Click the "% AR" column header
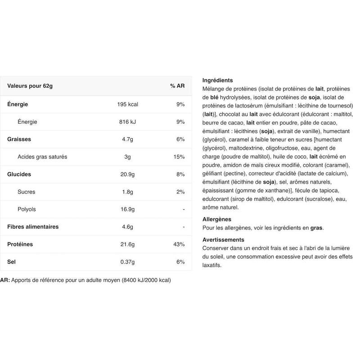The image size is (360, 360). tap(177, 86)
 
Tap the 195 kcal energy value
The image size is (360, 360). tap(128, 104)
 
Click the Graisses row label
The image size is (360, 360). tap(19, 139)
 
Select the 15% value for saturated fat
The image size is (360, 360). tap(179, 157)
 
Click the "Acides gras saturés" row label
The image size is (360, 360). tap(42, 157)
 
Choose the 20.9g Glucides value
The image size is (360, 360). tap(127, 174)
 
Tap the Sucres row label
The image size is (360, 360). tap(27, 192)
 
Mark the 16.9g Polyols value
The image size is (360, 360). tap(127, 209)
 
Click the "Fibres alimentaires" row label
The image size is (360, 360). tap(33, 227)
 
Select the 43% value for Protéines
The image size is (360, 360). tap(179, 244)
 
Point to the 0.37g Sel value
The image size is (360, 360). tap(127, 262)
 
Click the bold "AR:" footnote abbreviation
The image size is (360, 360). tap(5, 280)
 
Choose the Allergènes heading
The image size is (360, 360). tap(216, 220)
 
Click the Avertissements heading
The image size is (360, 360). tap(223, 240)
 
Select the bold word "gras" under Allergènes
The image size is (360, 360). tap(316, 228)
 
